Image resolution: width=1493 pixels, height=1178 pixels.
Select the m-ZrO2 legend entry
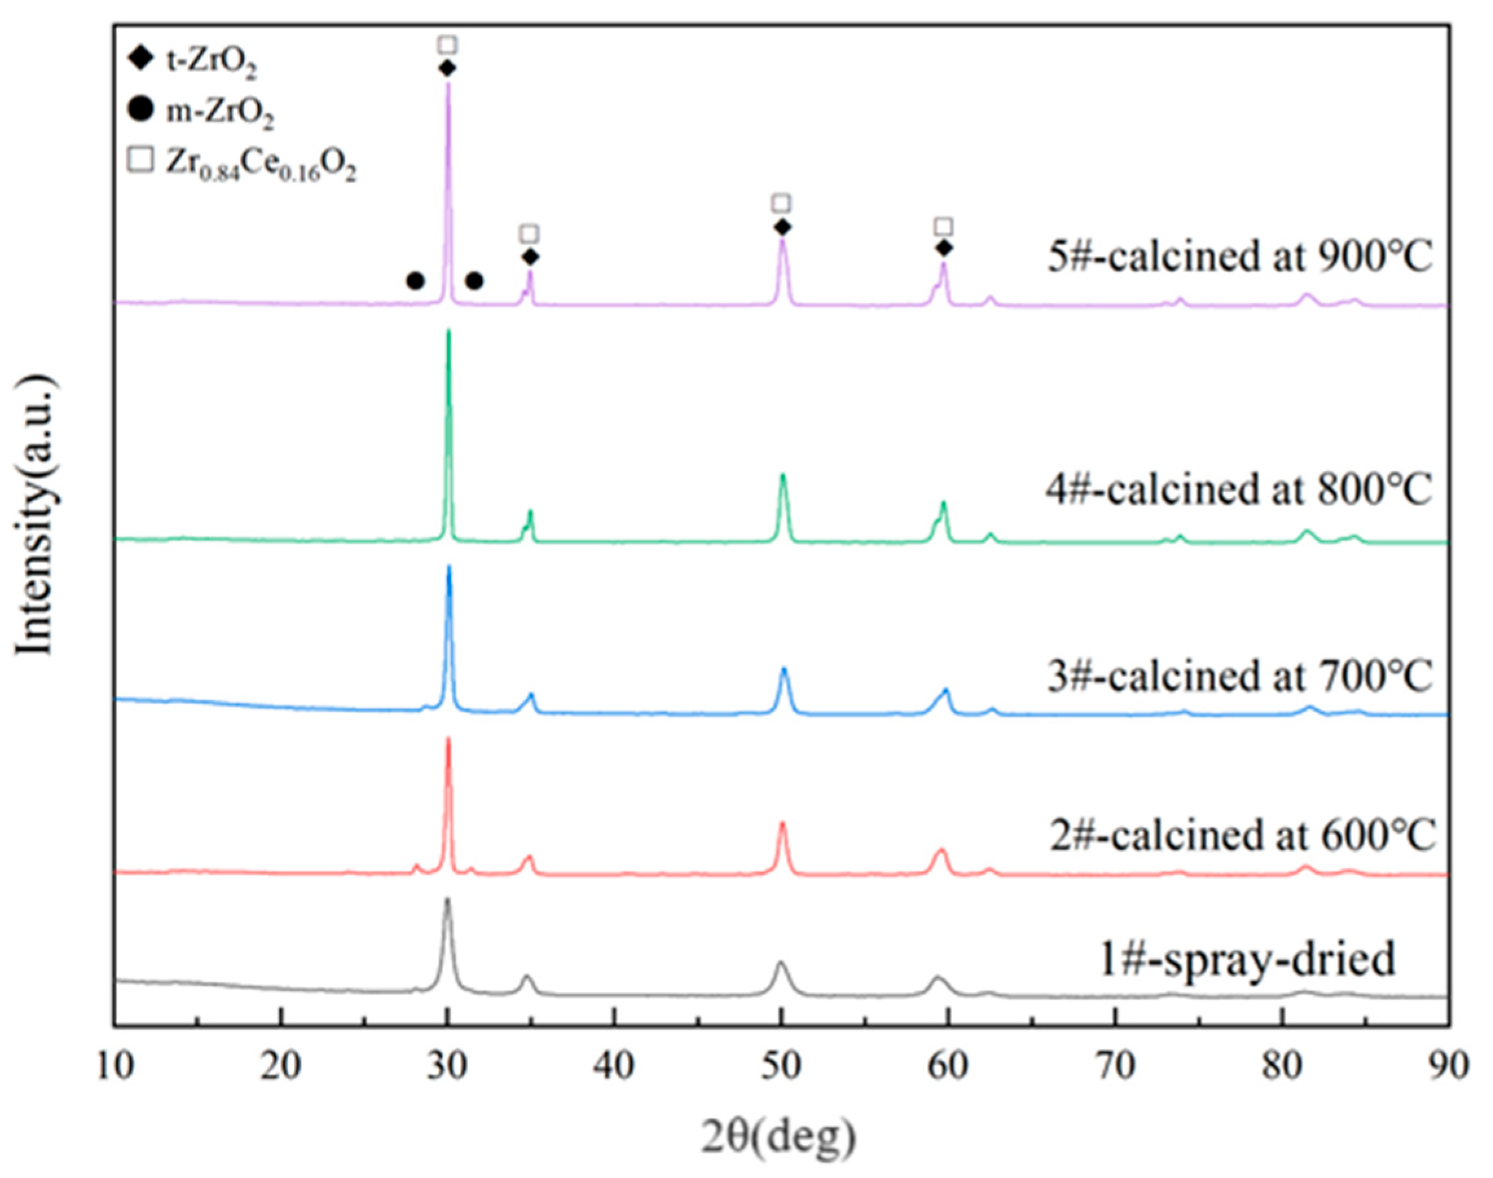(200, 112)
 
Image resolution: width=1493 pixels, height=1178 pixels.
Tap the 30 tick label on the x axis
(448, 1067)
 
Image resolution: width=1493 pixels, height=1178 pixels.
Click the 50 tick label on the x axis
(781, 1067)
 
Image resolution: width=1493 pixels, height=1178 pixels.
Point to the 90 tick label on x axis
(1448, 1067)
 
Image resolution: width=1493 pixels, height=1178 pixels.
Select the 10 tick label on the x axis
(114, 1067)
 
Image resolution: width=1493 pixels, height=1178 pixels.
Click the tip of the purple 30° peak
(448, 83)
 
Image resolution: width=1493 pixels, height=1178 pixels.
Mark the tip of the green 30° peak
(449, 331)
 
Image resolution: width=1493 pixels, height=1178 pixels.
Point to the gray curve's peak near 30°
(447, 899)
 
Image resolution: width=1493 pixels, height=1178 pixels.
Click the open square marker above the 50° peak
(781, 204)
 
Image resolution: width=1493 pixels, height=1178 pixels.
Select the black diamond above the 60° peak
(944, 248)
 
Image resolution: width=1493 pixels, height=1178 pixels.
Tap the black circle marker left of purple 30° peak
(415, 281)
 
